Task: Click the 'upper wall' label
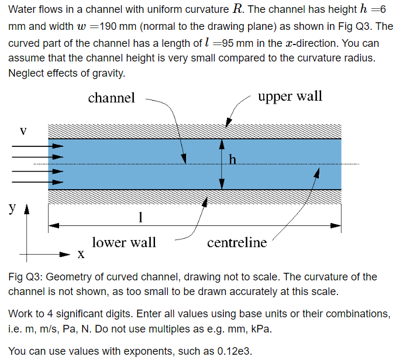(x=290, y=96)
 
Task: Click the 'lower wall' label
(x=124, y=242)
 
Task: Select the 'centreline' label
(x=237, y=242)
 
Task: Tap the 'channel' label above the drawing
(x=111, y=98)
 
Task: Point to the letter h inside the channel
(x=233, y=159)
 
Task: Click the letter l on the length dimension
(x=139, y=217)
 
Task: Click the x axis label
(x=81, y=255)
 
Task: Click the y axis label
(x=12, y=207)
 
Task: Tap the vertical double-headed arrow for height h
(x=222, y=164)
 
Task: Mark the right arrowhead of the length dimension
(x=337, y=225)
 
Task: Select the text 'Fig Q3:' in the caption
(x=25, y=277)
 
